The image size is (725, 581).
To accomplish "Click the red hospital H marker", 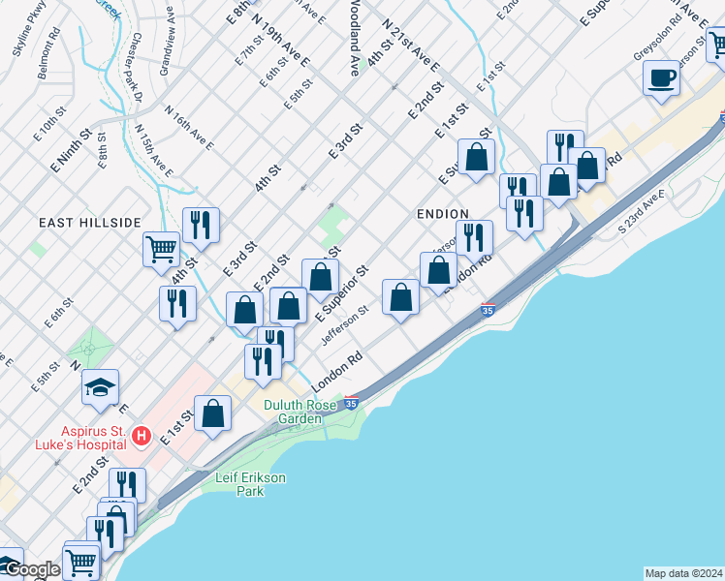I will click(x=142, y=436).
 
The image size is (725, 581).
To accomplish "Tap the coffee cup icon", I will click(x=661, y=79).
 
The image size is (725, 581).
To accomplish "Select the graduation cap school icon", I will click(x=100, y=388).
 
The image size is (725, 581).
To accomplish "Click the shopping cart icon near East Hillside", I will click(x=161, y=249).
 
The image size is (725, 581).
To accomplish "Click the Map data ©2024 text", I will click(x=683, y=573).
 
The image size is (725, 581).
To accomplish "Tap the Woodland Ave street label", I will click(x=355, y=39).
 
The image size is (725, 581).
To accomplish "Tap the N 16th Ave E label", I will click(x=189, y=128).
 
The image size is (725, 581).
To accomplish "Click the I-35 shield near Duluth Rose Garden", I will click(x=352, y=402).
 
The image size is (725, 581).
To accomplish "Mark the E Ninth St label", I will click(x=71, y=150).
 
